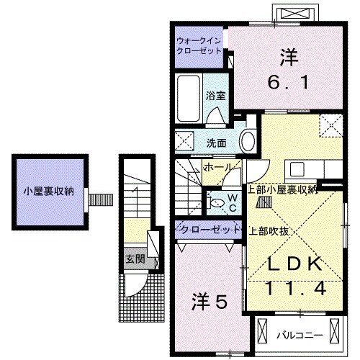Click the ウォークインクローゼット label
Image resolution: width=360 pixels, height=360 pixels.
click(x=199, y=47)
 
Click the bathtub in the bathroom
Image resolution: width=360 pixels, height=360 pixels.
click(x=189, y=99)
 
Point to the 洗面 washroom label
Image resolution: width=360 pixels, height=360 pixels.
click(x=217, y=141)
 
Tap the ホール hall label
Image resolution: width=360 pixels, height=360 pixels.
click(x=217, y=167)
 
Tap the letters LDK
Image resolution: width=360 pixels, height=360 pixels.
click(x=294, y=265)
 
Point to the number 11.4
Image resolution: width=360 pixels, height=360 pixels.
click(x=295, y=289)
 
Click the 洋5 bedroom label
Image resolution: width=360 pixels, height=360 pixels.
click(x=210, y=302)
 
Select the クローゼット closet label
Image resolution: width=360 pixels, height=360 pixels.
click(x=208, y=230)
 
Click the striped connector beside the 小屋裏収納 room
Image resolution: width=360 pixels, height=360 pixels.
click(x=100, y=197)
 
